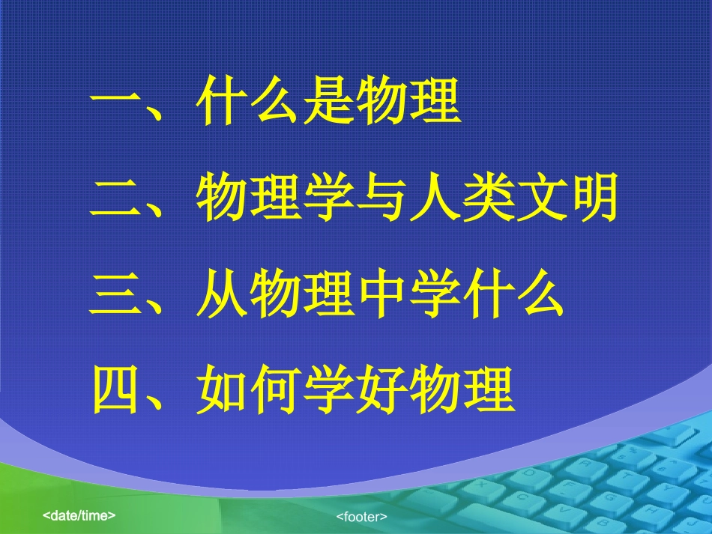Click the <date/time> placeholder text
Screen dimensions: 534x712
[x=79, y=516]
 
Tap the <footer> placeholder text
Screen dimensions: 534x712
[x=361, y=517]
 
